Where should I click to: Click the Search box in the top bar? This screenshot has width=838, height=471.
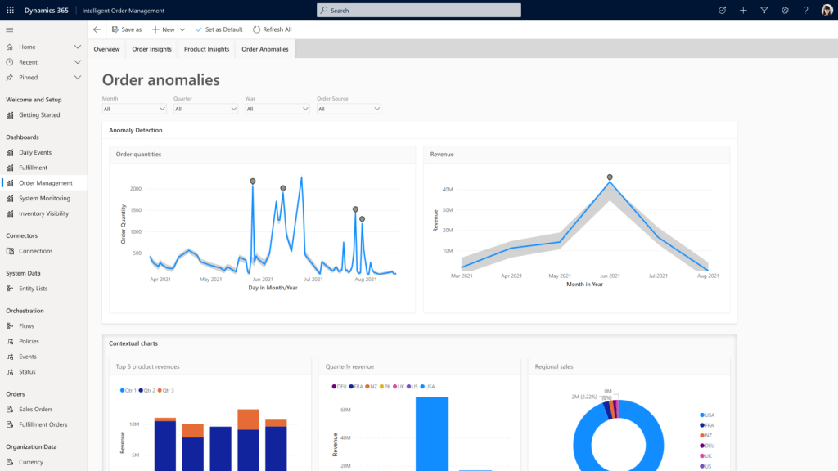pyautogui.click(x=418, y=10)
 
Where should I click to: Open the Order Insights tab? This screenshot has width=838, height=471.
pyautogui.click(x=151, y=49)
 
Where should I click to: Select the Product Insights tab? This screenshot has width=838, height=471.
pyautogui.click(x=206, y=49)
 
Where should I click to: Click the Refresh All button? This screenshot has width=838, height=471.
pyautogui.click(x=272, y=29)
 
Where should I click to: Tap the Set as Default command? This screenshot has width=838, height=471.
pyautogui.click(x=219, y=29)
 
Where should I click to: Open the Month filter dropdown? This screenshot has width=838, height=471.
pyautogui.click(x=134, y=109)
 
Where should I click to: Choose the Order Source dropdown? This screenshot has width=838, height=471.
pyautogui.click(x=349, y=109)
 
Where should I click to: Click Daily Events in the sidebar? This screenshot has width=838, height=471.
pyautogui.click(x=35, y=152)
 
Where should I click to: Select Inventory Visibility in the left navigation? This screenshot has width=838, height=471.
pyautogui.click(x=43, y=213)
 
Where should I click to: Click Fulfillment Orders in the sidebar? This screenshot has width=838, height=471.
pyautogui.click(x=43, y=424)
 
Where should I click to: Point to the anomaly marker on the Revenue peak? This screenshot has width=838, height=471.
pyautogui.click(x=610, y=177)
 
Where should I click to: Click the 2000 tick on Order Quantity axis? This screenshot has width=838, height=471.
pyautogui.click(x=135, y=189)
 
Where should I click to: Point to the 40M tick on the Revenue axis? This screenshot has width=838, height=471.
pyautogui.click(x=448, y=189)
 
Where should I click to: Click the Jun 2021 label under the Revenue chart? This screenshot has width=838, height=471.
pyautogui.click(x=610, y=276)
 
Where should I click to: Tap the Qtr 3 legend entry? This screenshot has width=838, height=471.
pyautogui.click(x=166, y=391)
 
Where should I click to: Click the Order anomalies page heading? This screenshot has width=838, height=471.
pyautogui.click(x=160, y=80)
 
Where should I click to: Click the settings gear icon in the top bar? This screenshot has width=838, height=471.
pyautogui.click(x=785, y=10)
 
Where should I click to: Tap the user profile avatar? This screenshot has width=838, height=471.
pyautogui.click(x=827, y=10)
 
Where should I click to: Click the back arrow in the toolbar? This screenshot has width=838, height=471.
pyautogui.click(x=97, y=29)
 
